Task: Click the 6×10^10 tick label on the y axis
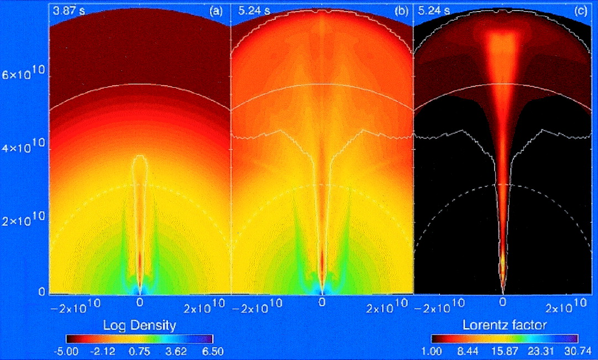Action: [x=25, y=76]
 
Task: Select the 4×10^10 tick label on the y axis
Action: [x=25, y=149]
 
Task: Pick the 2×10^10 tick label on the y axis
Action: [x=25, y=222]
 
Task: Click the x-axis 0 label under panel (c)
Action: [x=502, y=302]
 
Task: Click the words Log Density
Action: [x=140, y=325]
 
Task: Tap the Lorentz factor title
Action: [x=503, y=325]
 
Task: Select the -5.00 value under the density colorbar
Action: [x=69, y=351]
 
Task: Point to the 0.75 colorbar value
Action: [x=140, y=351]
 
